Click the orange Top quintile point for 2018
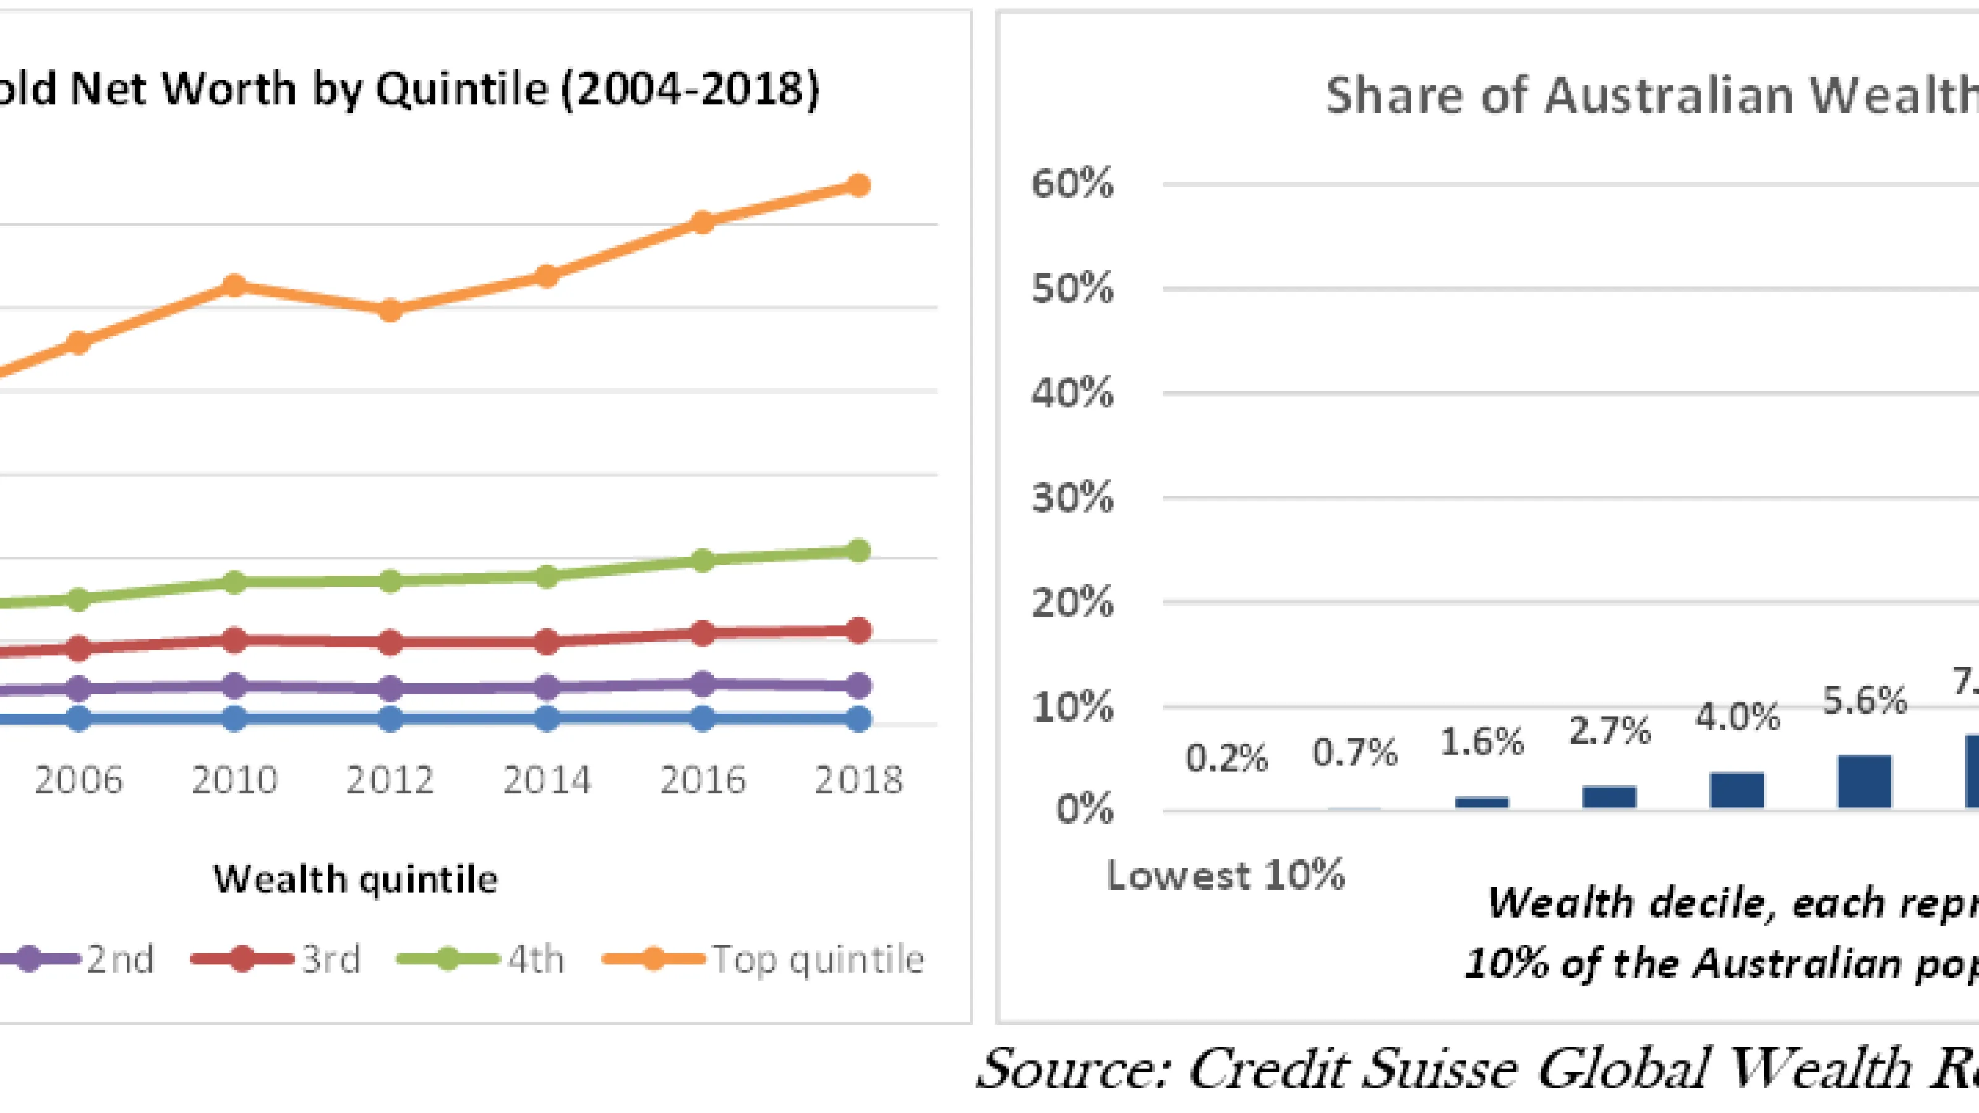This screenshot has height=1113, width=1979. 858,185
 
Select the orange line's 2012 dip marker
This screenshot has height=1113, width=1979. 390,310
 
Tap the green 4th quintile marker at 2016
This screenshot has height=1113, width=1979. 702,560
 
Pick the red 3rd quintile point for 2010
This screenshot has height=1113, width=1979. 234,640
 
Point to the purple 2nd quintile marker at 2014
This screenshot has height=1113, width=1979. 546,687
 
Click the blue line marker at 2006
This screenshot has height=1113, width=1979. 79,719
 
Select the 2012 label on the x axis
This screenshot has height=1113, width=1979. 390,780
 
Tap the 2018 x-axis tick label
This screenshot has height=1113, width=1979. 858,780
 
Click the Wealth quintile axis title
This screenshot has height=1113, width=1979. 355,879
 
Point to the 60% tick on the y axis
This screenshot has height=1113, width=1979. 1072,184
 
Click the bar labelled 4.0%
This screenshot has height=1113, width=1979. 1737,790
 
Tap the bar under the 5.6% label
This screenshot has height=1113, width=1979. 1865,782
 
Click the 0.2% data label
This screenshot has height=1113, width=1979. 1226,758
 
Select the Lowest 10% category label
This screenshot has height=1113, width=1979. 1226,875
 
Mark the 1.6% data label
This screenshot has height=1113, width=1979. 1482,742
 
